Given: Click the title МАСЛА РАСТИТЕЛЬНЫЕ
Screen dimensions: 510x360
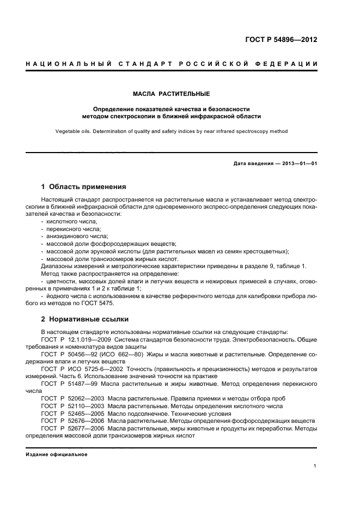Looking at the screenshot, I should [172, 94].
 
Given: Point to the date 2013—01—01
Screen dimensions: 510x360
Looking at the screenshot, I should [298, 163].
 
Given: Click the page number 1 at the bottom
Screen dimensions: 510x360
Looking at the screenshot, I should [315, 466].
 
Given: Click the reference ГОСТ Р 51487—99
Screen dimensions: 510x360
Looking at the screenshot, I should [64, 384].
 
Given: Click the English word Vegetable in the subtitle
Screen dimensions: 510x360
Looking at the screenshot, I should [68, 131].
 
